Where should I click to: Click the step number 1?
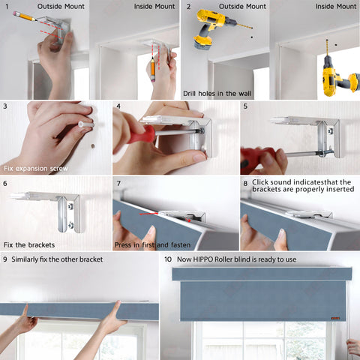[7, 6]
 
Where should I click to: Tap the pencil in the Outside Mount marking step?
[25, 16]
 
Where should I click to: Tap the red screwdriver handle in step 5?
[257, 159]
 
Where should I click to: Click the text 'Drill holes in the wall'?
[217, 94]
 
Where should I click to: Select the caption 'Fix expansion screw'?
[36, 169]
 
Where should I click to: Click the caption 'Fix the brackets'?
[29, 244]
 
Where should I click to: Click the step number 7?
[118, 184]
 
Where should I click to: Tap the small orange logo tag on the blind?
[335, 318]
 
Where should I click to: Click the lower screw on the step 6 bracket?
[70, 225]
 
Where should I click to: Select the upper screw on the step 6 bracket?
[70, 206]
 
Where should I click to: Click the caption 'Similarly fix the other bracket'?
[57, 259]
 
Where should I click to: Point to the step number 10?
[168, 259]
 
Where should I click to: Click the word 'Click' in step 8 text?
[260, 182]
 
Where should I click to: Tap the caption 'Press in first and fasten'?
[152, 245]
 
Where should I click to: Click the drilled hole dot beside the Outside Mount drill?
[252, 37]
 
